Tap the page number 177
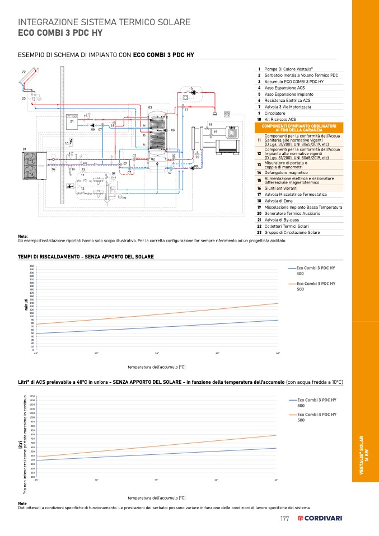click(284, 519)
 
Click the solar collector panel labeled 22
click(29, 79)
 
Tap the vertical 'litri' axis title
click(20, 445)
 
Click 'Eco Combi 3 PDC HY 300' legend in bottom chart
click(316, 402)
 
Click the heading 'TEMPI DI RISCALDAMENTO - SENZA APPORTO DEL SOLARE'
click(86, 256)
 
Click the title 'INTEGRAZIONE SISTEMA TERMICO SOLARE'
click(105, 22)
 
